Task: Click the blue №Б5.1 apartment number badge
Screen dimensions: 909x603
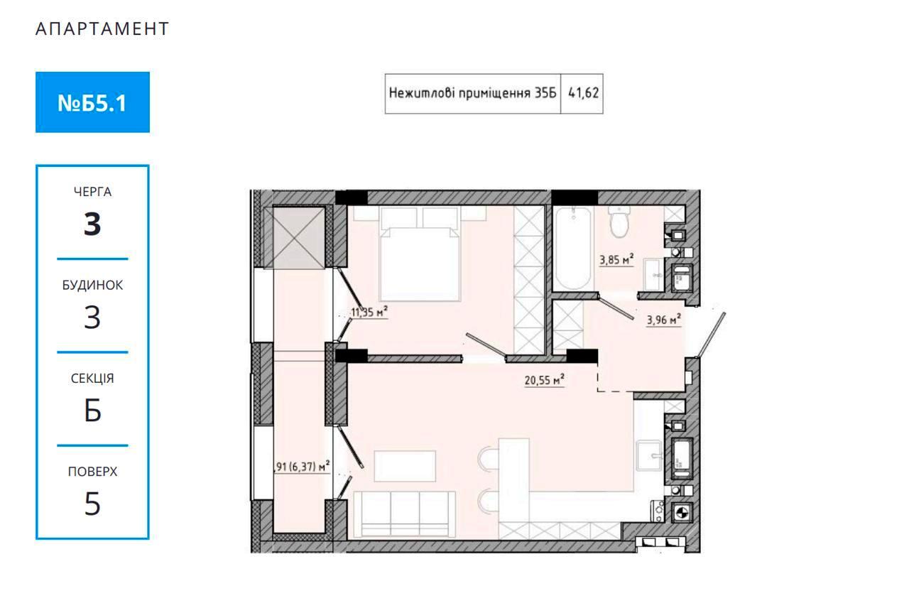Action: coord(92,102)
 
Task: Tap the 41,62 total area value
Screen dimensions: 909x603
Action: coord(583,93)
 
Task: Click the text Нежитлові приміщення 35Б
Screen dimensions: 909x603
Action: coord(472,93)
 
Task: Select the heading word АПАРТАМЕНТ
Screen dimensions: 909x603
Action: coord(102,29)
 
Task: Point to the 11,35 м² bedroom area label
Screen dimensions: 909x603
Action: coord(369,312)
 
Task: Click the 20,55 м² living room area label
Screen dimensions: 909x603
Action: coord(544,380)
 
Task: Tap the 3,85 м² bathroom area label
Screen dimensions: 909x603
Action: coord(616,259)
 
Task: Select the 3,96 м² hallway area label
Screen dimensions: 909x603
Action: coord(663,320)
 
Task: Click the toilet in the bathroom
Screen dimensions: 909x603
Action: coord(619,222)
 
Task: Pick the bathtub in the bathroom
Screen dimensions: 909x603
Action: coord(573,248)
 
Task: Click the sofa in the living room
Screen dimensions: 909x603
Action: coord(404,514)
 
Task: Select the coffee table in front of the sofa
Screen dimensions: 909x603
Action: coord(405,466)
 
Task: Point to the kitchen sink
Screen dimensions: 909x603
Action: coord(649,455)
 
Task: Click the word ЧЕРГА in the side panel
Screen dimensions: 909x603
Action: coord(92,192)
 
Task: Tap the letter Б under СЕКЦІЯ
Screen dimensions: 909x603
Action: coord(92,411)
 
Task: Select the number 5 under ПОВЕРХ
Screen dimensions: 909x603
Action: coord(92,504)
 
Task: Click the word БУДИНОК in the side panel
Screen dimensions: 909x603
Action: coord(92,285)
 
